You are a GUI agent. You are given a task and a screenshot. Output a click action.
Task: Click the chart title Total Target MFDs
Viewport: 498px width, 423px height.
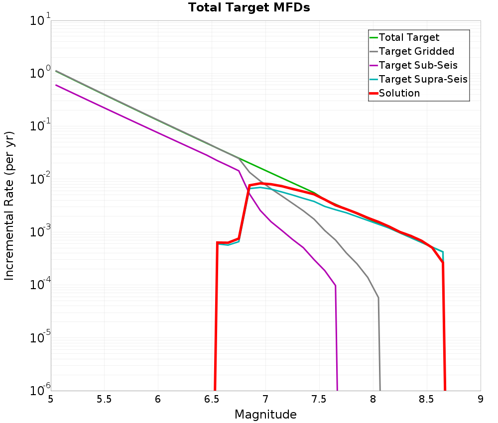coord(249,7)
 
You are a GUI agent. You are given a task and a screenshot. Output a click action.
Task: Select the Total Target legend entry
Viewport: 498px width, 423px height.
coord(409,37)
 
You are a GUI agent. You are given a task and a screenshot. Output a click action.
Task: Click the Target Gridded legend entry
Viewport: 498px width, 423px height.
coord(416,51)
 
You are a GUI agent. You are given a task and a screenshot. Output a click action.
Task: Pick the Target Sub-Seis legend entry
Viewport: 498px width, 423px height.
coord(418,65)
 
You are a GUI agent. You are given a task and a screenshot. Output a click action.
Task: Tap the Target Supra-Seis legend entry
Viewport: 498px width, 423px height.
coord(423,79)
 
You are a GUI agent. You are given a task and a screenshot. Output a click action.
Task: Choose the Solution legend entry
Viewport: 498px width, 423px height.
coord(399,93)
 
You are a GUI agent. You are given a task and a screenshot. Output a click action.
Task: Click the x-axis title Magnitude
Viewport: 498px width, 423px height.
coord(265,415)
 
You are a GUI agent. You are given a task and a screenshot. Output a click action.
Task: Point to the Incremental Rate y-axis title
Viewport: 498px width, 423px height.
coord(9,205)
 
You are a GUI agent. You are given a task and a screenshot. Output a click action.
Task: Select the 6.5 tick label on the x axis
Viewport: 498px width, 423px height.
coord(212,400)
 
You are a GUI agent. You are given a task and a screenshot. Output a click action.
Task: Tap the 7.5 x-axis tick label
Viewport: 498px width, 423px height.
coord(319,400)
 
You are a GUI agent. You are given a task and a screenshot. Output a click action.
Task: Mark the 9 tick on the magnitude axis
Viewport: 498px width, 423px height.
coord(481,400)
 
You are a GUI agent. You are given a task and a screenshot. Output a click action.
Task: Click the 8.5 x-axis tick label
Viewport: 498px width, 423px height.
coord(426,400)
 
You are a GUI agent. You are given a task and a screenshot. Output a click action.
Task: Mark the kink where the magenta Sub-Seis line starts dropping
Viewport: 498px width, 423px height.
coord(239,171)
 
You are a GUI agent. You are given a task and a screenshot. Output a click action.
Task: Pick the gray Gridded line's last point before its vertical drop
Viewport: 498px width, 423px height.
coord(378,298)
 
